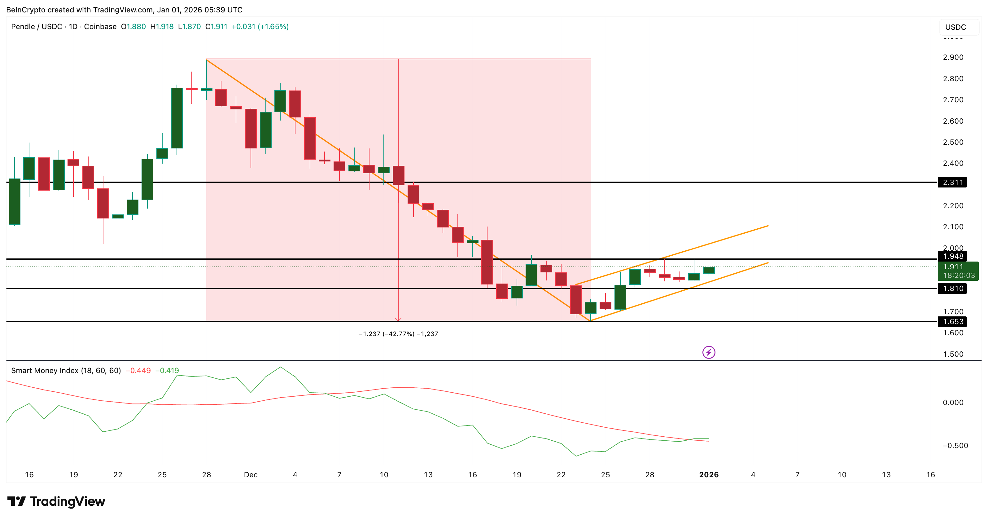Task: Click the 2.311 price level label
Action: [952, 182]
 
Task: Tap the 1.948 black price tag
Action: [952, 256]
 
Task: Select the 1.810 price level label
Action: [952, 288]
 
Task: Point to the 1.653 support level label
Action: [952, 322]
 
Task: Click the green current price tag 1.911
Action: [958, 271]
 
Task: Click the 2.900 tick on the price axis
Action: [953, 57]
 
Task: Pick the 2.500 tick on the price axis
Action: [953, 142]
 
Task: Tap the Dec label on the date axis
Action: [251, 475]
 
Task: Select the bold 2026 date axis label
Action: [708, 475]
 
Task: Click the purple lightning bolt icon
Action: [708, 352]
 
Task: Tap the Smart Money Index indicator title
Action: [66, 370]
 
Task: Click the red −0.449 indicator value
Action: [138, 370]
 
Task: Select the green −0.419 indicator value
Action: [167, 370]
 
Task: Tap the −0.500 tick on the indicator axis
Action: [955, 446]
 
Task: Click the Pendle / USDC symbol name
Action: [37, 26]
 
